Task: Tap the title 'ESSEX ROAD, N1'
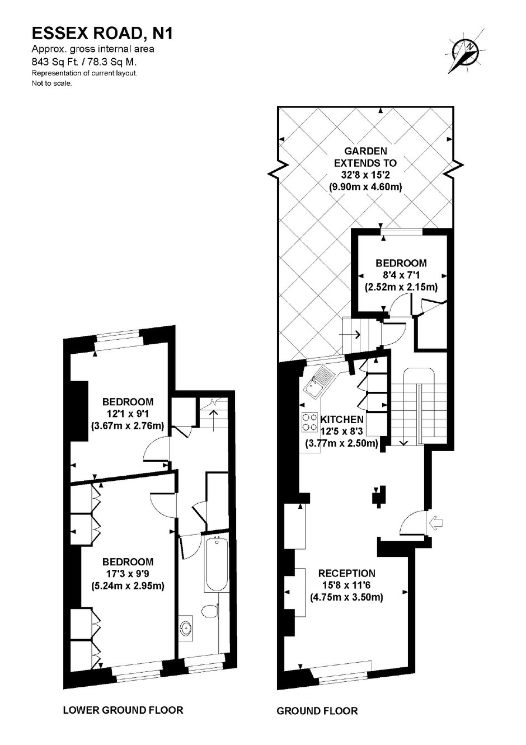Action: pos(102,34)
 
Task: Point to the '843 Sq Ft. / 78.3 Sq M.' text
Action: pos(84,62)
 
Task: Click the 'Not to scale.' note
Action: pos(51,83)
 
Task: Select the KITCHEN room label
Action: pos(342,419)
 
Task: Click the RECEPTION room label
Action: pos(347,573)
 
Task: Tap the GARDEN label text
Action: pos(365,151)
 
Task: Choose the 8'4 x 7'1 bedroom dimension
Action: pos(401,275)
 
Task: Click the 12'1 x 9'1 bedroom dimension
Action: pos(128,414)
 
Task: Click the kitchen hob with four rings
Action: pos(309,423)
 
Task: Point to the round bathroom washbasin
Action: pos(186,628)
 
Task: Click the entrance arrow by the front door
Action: pos(437,523)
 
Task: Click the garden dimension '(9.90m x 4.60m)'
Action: pos(365,187)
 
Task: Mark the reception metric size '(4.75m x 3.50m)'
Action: pos(347,597)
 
